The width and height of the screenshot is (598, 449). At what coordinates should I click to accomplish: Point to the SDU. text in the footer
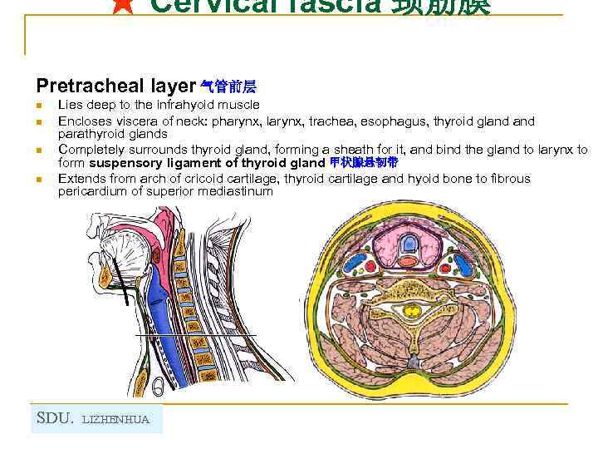56,418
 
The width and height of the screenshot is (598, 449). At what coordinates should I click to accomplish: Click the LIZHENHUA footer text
117,420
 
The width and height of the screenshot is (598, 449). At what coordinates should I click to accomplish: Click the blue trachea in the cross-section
409,244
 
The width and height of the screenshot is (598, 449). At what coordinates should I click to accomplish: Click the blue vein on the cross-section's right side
467,266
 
